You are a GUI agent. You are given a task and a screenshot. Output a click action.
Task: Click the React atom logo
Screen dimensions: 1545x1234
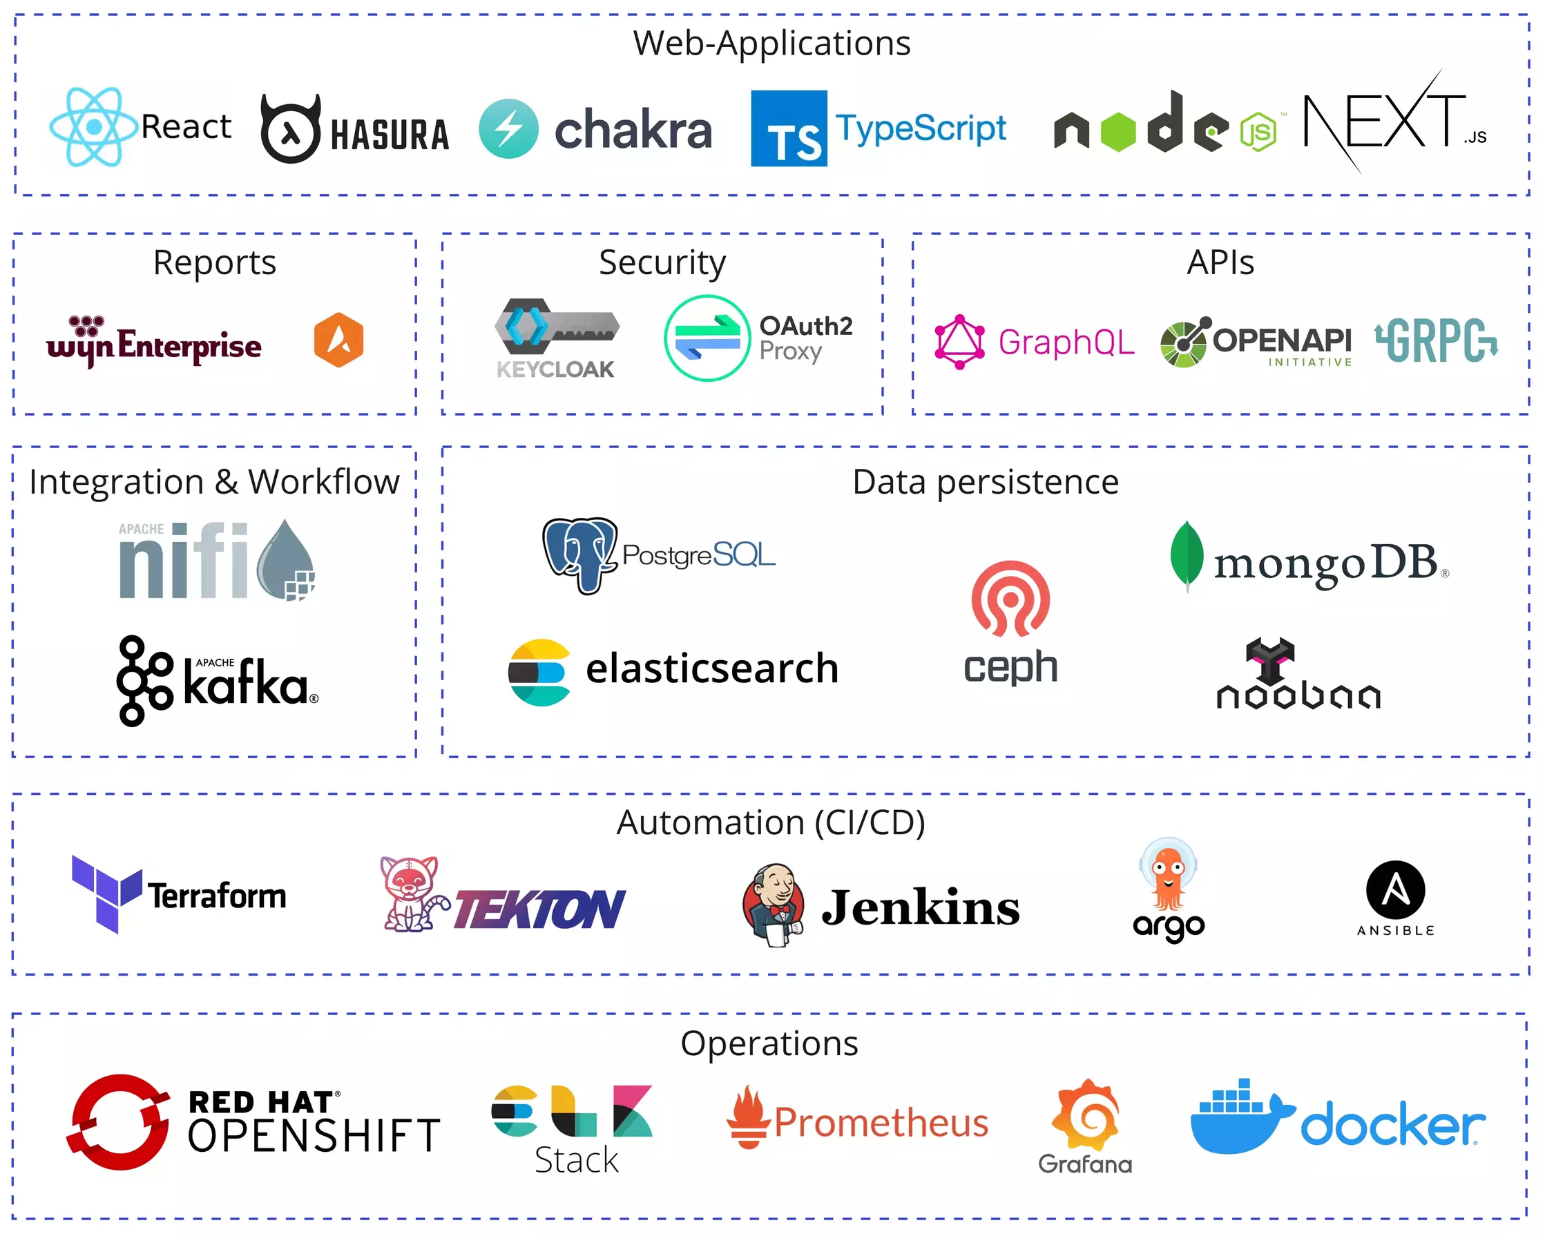(93, 127)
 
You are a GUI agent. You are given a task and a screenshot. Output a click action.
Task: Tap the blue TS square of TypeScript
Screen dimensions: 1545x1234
(788, 128)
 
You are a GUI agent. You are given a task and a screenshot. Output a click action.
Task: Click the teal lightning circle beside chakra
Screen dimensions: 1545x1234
(508, 129)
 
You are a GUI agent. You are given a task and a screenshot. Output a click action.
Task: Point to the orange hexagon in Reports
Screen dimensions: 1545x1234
(338, 340)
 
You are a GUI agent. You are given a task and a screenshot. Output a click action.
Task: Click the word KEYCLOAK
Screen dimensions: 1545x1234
(555, 369)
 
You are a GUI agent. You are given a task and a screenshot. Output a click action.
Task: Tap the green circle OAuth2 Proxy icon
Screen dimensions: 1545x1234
(707, 338)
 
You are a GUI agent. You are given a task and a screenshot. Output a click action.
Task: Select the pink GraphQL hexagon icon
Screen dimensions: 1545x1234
(959, 342)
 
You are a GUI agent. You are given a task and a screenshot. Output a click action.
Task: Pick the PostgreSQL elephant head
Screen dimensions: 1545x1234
(579, 555)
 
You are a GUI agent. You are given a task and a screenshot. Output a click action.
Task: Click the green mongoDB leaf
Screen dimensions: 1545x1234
(1186, 556)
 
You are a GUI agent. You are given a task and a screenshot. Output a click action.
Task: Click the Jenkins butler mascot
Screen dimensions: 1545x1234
(774, 905)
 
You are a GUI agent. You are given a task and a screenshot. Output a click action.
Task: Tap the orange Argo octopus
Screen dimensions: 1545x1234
(1168, 876)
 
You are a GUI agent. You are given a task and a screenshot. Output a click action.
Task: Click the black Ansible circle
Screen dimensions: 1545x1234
(1395, 890)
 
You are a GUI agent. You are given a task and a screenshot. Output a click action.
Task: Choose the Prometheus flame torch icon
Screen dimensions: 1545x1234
(748, 1117)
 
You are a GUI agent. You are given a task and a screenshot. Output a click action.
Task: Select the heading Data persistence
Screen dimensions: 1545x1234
(986, 481)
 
